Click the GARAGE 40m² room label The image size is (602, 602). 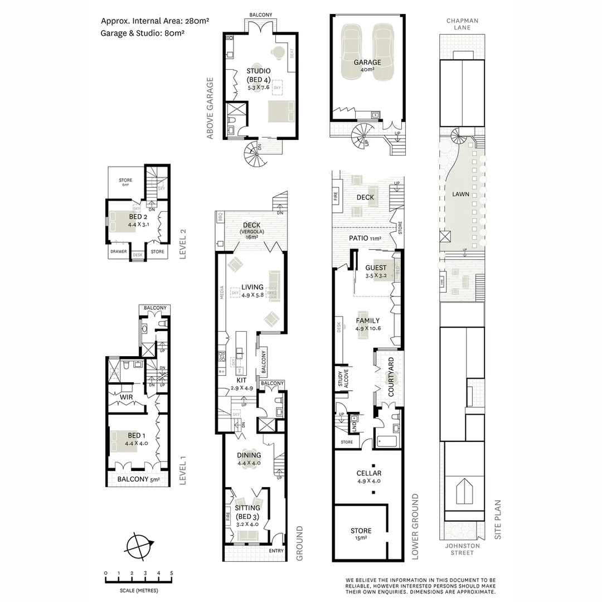(367, 66)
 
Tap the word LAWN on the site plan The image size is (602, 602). (460, 195)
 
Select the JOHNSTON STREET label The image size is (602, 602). (462, 549)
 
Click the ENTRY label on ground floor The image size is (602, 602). (275, 551)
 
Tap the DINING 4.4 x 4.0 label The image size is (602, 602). (249, 459)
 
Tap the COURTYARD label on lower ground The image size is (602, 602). (391, 378)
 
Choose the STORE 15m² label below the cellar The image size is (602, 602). (361, 534)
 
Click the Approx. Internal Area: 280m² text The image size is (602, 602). (154, 21)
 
